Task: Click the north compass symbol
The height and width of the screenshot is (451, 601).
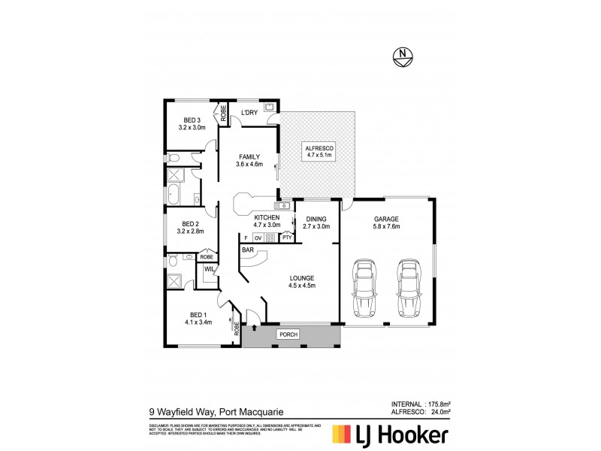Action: point(403,55)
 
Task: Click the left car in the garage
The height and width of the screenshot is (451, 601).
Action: point(364,287)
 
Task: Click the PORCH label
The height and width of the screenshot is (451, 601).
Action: point(287,334)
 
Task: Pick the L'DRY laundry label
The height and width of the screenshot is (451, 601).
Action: point(249,114)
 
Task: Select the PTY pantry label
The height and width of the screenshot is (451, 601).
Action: point(286,238)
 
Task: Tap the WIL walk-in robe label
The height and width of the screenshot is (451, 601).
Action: point(209,268)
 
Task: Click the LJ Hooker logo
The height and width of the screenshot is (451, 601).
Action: point(391,434)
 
